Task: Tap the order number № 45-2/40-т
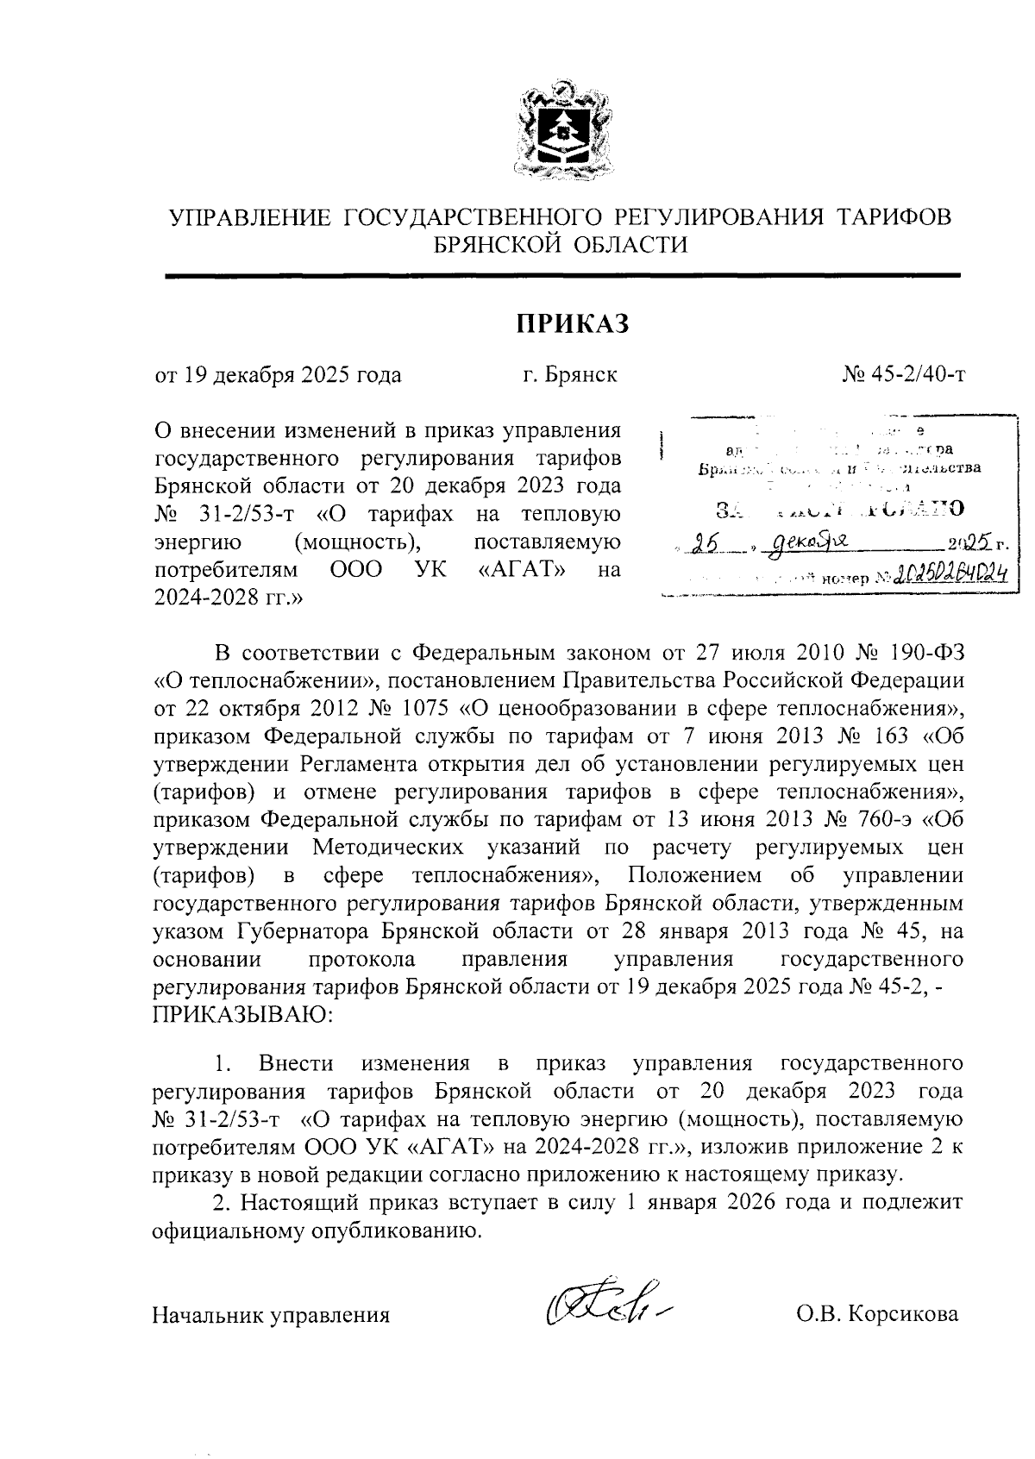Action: tap(903, 375)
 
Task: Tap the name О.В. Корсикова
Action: tap(877, 1314)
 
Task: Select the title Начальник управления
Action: tap(271, 1314)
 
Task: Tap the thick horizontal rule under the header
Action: tap(562, 275)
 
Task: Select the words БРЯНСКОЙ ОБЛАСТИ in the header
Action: tap(561, 245)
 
